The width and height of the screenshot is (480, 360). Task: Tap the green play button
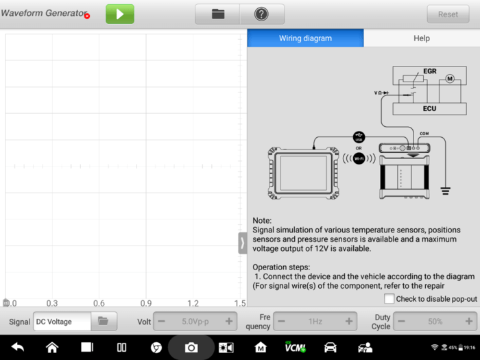click(x=120, y=14)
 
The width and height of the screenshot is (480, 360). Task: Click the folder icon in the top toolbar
click(x=218, y=14)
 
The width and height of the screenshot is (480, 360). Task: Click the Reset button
click(x=448, y=14)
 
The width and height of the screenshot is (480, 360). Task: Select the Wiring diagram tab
click(x=306, y=38)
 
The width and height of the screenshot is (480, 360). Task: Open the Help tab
click(x=422, y=38)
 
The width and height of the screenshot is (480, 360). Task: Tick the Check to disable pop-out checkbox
click(x=389, y=298)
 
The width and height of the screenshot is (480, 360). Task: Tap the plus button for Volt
click(x=228, y=321)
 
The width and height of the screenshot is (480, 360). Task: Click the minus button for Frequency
click(x=282, y=321)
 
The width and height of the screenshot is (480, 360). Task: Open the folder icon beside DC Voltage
click(x=103, y=321)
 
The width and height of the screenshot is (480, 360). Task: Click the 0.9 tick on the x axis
click(x=146, y=303)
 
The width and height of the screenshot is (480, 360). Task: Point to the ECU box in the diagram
click(x=429, y=108)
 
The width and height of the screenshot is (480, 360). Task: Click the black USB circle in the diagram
click(x=359, y=137)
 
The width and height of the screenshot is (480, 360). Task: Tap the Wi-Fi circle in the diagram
click(x=359, y=158)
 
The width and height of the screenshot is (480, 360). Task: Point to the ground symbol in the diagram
click(x=446, y=191)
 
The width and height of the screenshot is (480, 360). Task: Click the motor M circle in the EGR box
click(x=450, y=79)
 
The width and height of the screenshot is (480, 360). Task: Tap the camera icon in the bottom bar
click(x=191, y=348)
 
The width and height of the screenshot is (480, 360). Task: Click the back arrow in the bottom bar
click(x=18, y=347)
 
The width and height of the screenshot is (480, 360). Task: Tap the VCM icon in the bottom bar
click(x=295, y=347)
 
